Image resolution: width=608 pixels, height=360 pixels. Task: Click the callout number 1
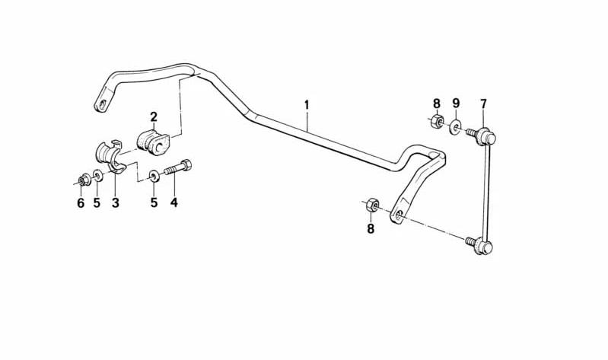click(307, 105)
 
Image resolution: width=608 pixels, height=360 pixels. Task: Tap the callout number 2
click(154, 116)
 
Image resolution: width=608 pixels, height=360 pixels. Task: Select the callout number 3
click(116, 202)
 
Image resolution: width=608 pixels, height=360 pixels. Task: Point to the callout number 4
click(174, 202)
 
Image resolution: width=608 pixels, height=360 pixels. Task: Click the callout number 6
click(81, 203)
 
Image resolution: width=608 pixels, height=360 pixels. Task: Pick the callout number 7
click(483, 104)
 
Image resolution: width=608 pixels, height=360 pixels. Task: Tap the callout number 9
click(456, 104)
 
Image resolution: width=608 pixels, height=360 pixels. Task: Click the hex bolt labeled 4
click(178, 168)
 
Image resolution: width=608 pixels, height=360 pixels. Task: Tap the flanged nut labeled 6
click(84, 180)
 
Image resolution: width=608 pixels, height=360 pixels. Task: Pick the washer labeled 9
click(455, 127)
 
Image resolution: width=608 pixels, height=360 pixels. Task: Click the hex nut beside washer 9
click(437, 122)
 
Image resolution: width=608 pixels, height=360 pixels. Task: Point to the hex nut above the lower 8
click(372, 205)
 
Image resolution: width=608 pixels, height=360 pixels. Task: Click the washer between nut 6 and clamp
click(97, 176)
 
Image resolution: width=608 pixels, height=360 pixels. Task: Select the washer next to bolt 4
click(154, 176)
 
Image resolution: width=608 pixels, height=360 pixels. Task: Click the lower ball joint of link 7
click(481, 244)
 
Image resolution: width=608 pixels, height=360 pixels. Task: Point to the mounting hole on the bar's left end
click(102, 105)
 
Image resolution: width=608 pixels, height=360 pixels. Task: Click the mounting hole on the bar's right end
click(399, 215)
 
